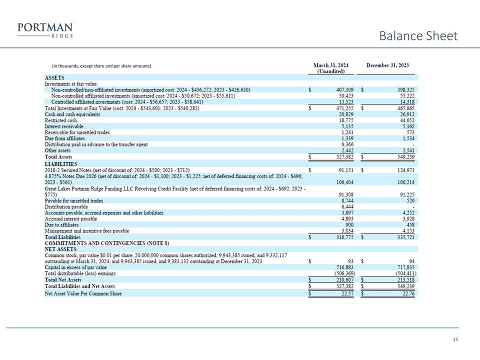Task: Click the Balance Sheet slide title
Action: (418, 36)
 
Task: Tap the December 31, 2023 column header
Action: (387, 65)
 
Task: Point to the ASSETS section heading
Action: (54, 78)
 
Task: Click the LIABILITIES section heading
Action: (61, 163)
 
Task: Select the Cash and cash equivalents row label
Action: (72, 114)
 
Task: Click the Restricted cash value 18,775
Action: (339, 120)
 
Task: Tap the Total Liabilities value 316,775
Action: (338, 237)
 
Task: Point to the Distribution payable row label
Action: (66, 206)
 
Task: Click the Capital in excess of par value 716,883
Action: (338, 267)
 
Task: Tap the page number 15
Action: (455, 340)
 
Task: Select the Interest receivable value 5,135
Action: (340, 126)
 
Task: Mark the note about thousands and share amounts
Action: (101, 66)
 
